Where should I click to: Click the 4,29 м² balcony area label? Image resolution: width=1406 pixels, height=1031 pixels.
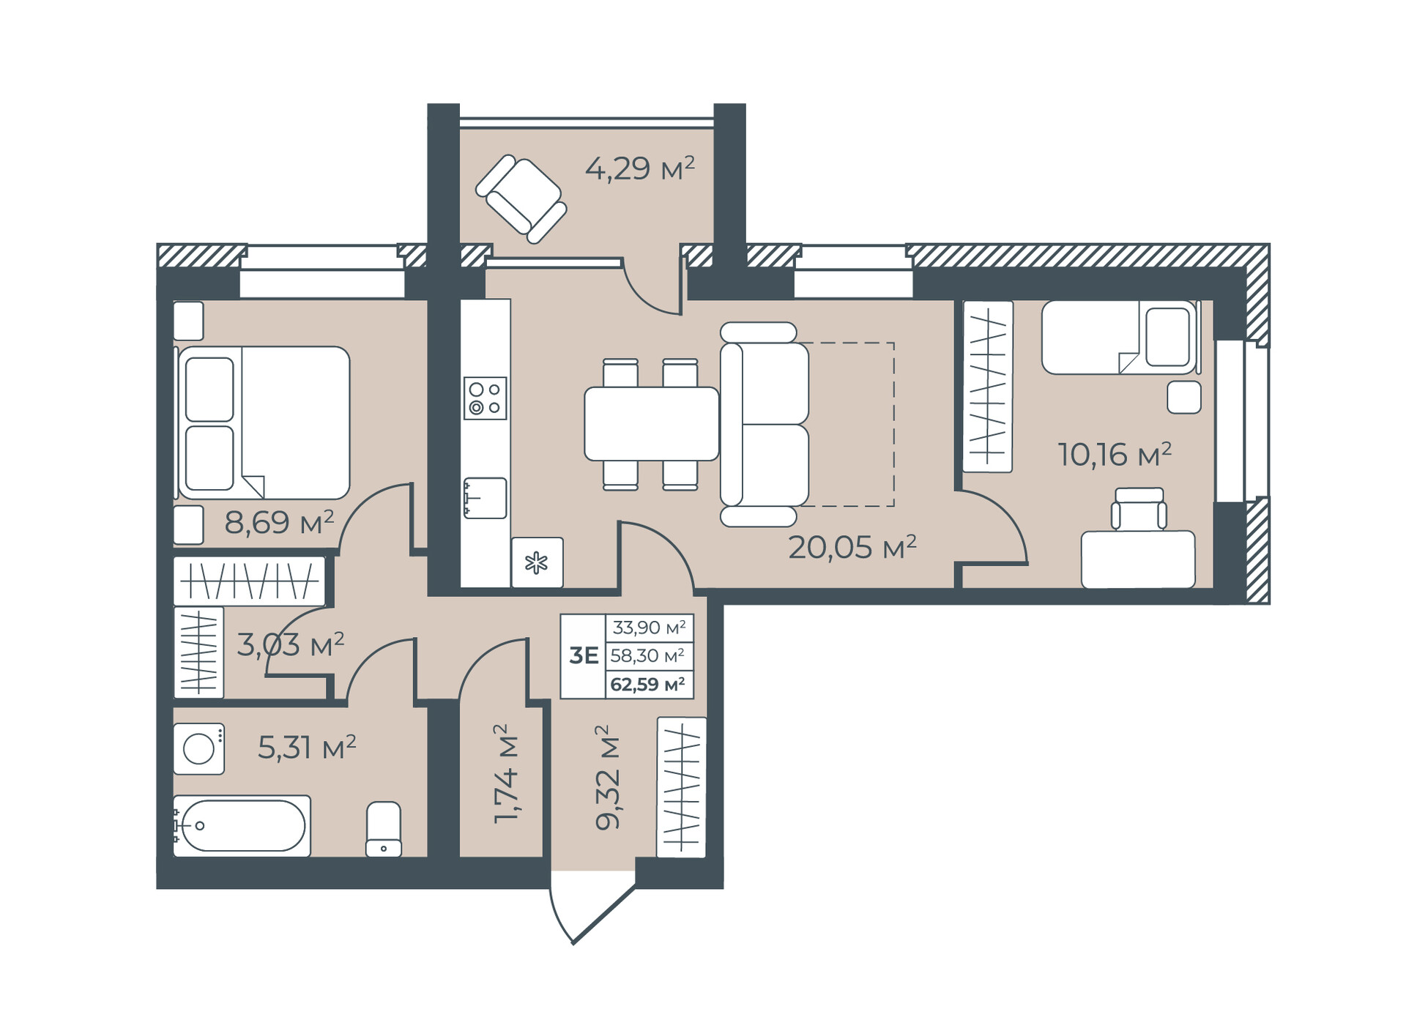(639, 168)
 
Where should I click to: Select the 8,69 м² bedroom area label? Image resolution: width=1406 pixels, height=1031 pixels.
(279, 522)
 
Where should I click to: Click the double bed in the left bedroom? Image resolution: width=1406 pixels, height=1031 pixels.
(264, 423)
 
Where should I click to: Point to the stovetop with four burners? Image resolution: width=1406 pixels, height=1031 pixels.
(485, 398)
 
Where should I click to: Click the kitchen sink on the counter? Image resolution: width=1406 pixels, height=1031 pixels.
(485, 498)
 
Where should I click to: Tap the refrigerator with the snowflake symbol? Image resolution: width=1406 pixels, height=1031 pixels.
(538, 562)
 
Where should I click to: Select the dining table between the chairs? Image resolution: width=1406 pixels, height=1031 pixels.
(651, 424)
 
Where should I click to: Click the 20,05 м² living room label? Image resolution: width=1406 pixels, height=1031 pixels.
(852, 547)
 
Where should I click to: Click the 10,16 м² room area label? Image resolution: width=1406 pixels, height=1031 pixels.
(1115, 455)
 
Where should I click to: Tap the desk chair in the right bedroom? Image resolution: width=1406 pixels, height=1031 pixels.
(1138, 509)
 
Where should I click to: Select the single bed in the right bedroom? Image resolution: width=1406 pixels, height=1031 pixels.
(1119, 337)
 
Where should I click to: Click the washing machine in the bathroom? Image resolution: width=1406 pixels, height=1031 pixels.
(198, 748)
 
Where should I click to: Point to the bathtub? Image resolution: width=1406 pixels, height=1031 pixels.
(242, 826)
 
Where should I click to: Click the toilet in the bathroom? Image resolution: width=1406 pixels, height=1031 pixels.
(384, 829)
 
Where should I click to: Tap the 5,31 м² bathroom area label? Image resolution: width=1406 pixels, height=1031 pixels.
(307, 748)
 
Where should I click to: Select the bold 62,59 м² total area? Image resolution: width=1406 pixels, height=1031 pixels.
(647, 685)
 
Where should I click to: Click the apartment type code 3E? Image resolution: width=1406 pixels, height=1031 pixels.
(584, 655)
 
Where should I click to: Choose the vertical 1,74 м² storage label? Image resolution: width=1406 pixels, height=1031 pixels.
(505, 774)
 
